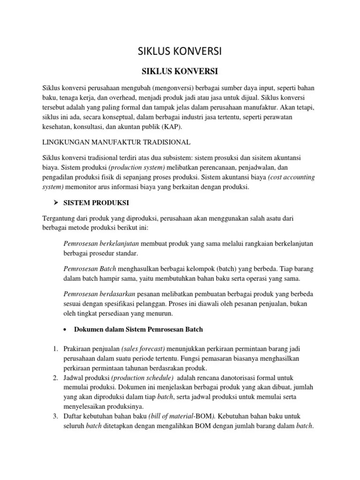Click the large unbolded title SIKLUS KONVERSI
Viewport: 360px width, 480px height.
tap(180, 51)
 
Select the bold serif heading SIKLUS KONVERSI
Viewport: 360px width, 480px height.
tap(180, 72)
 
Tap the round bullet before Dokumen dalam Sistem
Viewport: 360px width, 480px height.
tap(65, 329)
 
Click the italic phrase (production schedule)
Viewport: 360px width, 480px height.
tap(148, 378)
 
